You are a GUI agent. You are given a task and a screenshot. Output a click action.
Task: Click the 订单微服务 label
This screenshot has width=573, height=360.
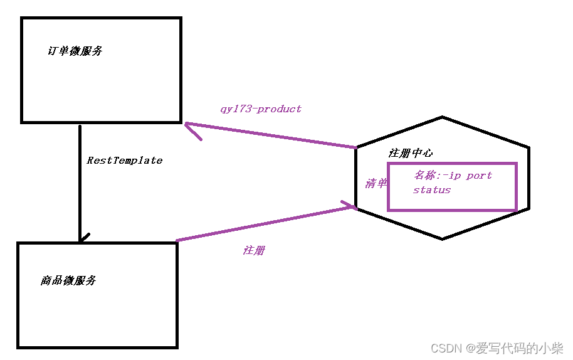coord(75,51)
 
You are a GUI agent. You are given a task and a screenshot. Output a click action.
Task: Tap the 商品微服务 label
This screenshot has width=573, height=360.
coord(68,280)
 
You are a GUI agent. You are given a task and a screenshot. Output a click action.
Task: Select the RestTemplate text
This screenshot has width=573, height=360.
coord(124,161)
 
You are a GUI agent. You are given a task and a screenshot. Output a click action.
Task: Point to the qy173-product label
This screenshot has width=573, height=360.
coord(261,109)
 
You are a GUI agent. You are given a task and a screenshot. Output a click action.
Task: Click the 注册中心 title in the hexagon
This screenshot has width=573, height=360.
coord(410,153)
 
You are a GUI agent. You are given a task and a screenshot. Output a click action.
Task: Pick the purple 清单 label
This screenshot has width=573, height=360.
coord(376,184)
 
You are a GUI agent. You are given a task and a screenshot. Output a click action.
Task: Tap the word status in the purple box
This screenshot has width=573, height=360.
coord(432,190)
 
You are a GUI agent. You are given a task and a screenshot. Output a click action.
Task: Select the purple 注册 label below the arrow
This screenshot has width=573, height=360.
coord(254,250)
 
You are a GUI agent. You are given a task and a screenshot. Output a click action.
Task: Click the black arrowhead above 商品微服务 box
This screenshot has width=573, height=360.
coord(81,239)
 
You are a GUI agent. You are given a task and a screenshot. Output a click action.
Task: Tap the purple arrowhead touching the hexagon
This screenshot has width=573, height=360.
coord(350,206)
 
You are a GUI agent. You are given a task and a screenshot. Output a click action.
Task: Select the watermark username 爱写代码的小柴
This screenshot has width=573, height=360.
coord(520,347)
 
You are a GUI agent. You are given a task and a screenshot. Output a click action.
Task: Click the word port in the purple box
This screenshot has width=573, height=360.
coord(479,176)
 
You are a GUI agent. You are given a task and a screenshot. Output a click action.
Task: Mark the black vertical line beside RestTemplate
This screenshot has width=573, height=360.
coord(80,182)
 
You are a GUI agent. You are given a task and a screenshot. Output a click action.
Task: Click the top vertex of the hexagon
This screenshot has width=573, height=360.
coord(443,117)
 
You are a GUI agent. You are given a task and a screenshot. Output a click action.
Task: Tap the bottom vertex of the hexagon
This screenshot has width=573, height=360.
coord(443,238)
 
